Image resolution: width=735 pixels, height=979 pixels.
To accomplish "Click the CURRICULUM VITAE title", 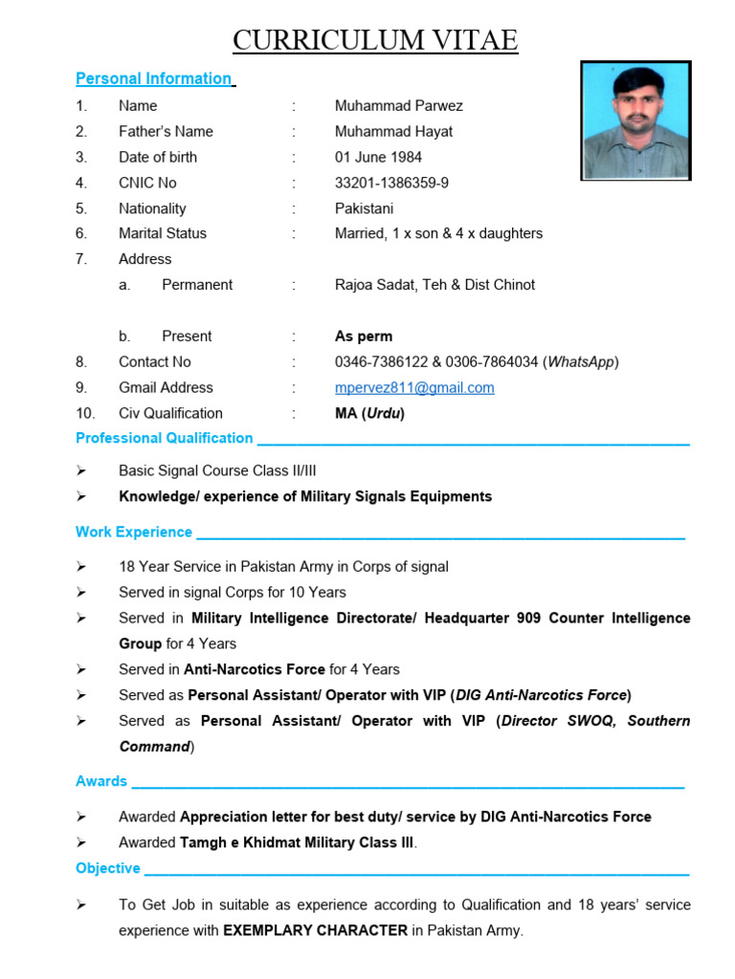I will pyautogui.click(x=375, y=40).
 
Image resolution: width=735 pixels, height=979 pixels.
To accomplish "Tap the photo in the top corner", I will pyautogui.click(x=635, y=120).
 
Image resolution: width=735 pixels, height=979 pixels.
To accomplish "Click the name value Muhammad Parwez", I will pyautogui.click(x=398, y=105).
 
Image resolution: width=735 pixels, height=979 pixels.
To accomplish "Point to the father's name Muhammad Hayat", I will pyautogui.click(x=393, y=131).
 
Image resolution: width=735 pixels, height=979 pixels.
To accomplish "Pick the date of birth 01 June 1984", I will pyautogui.click(x=378, y=157).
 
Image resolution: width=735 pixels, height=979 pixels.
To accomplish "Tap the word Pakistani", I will pyautogui.click(x=364, y=208).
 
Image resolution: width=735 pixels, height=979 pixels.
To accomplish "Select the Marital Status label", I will pyautogui.click(x=162, y=233).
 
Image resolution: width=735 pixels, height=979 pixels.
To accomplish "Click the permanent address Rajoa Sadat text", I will pyautogui.click(x=434, y=285).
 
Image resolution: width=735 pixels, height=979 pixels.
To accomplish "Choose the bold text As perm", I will pyautogui.click(x=364, y=337).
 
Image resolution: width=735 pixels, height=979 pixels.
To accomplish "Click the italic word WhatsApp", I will pyautogui.click(x=581, y=362).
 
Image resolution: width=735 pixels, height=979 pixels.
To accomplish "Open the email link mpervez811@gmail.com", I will pyautogui.click(x=414, y=388).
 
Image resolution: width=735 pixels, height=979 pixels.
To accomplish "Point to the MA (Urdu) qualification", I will pyautogui.click(x=369, y=414).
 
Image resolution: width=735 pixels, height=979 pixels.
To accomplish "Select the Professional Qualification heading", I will pyautogui.click(x=164, y=438).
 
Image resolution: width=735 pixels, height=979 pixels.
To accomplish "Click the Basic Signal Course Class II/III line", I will pyautogui.click(x=217, y=470).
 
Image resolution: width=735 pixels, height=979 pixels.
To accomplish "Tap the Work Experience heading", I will pyautogui.click(x=134, y=532).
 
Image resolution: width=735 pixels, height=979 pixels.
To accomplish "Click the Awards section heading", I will pyautogui.click(x=101, y=781).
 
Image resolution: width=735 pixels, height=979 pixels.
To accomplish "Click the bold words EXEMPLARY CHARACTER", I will pyautogui.click(x=315, y=930).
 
